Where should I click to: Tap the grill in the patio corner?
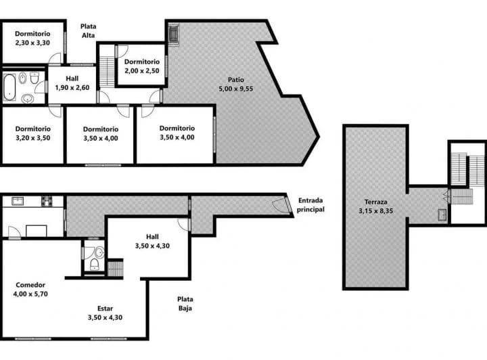[174, 33]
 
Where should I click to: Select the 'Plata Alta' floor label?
[88, 31]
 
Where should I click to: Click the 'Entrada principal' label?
[310, 205]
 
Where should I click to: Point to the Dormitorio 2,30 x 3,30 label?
[32, 38]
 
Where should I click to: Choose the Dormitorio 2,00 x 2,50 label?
[141, 66]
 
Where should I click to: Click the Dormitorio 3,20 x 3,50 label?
[32, 133]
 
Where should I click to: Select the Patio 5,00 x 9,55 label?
[235, 84]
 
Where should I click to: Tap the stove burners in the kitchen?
[47, 201]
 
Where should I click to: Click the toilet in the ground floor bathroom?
[99, 254]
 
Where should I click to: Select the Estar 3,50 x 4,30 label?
[108, 313]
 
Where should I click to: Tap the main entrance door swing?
[280, 205]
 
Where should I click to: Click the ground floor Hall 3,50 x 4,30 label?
[152, 241]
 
